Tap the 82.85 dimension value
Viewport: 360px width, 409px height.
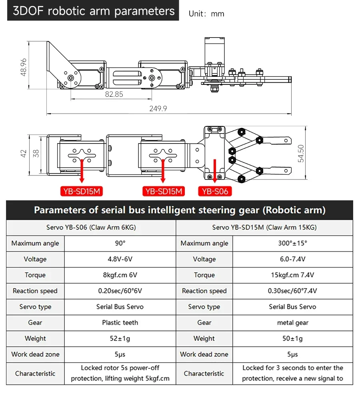(x=114, y=94)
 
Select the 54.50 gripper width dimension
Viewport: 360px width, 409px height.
(x=301, y=153)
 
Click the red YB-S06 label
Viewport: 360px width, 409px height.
(x=215, y=192)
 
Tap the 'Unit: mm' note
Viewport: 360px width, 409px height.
(x=206, y=14)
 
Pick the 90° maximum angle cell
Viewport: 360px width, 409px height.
(x=120, y=243)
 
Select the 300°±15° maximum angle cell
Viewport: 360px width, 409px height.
(x=292, y=243)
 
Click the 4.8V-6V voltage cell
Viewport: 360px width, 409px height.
(x=120, y=259)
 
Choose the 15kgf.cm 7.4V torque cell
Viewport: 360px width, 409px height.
(x=292, y=275)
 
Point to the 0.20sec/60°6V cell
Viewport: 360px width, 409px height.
(x=120, y=291)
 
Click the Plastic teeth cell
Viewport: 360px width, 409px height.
(x=120, y=323)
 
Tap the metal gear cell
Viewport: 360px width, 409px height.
(x=292, y=323)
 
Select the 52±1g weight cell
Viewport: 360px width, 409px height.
(x=120, y=339)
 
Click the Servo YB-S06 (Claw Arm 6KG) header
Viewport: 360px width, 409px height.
(x=91, y=227)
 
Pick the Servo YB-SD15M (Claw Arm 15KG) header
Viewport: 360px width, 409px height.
(x=264, y=227)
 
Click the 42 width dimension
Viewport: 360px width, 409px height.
(x=24, y=154)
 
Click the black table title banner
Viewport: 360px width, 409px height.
(x=180, y=210)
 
